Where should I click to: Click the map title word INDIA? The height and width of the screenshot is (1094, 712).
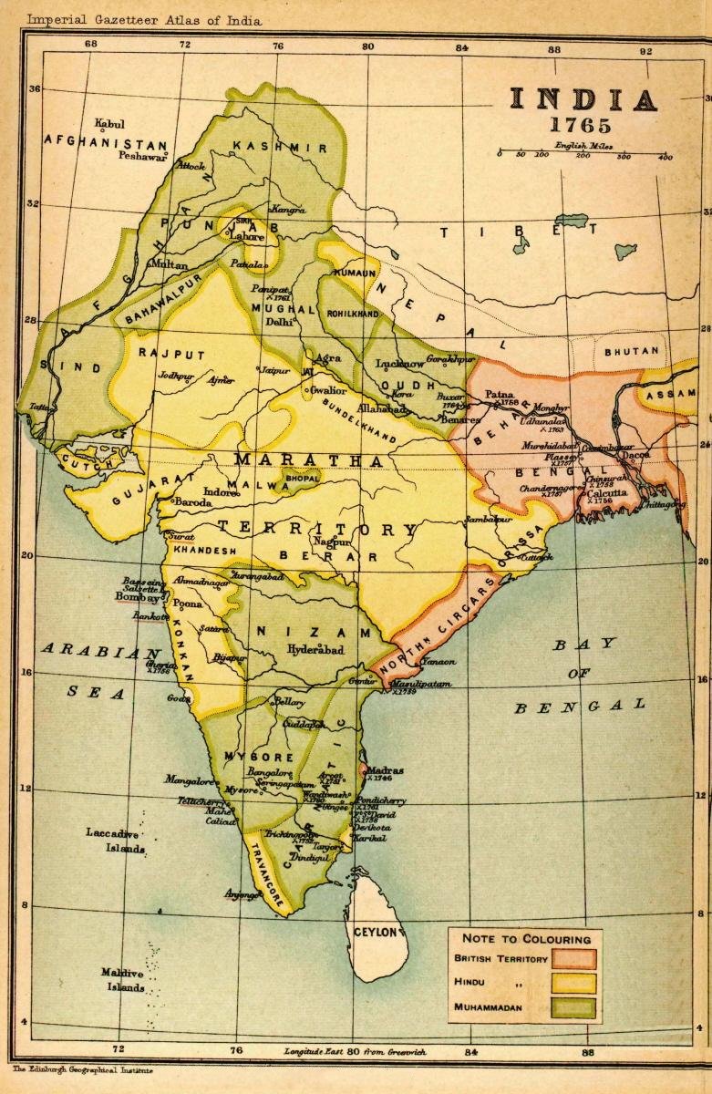(583, 100)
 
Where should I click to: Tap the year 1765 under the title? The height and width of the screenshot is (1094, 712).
(583, 126)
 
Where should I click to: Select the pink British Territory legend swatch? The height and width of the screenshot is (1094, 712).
(573, 959)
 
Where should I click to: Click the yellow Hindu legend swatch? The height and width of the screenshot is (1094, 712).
(573, 984)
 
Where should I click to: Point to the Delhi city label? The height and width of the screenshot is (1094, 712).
(279, 322)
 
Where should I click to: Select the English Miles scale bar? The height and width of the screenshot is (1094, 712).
(584, 156)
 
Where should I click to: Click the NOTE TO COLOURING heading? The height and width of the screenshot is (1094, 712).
(526, 938)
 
